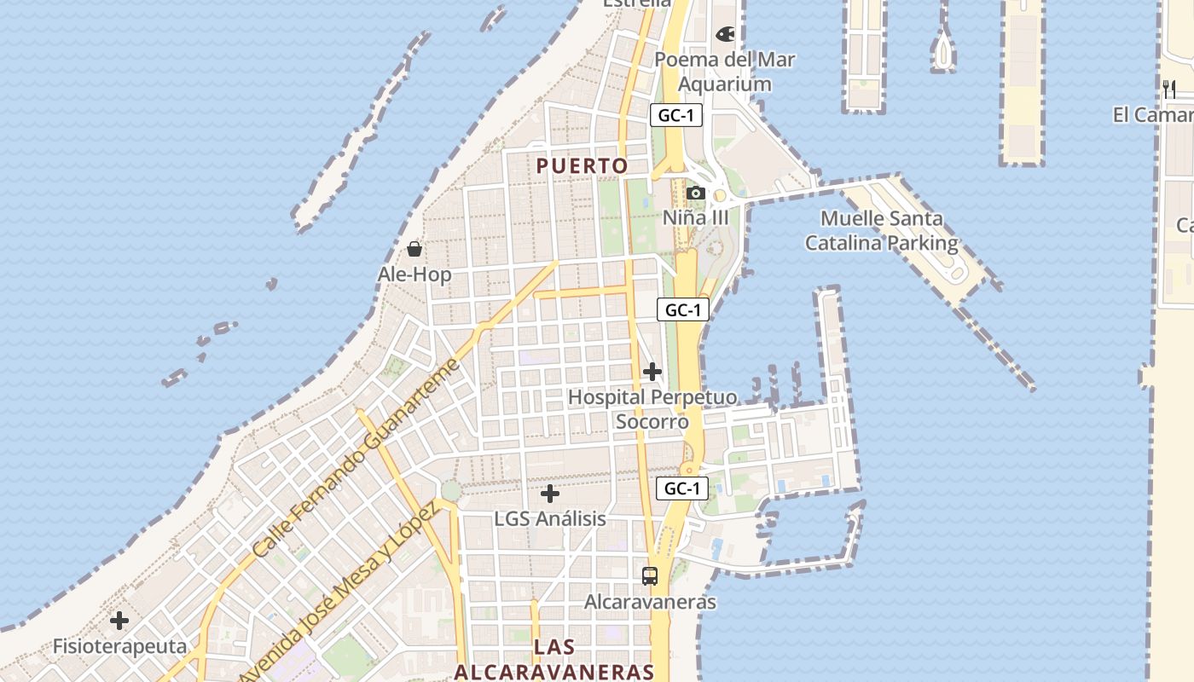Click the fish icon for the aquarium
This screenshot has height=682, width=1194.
coord(725,34)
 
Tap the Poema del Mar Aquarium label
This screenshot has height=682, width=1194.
coord(725,72)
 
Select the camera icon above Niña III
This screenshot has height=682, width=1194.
coord(696,193)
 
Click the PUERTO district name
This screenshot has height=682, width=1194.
coord(583,165)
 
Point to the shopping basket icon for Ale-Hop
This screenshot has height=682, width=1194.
coord(414,249)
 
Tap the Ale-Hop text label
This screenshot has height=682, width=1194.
coord(414,275)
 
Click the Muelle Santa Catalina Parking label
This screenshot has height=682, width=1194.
coord(881,230)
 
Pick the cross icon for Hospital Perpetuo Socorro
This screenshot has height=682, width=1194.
coord(652,372)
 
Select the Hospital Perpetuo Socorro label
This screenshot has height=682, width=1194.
coord(652,409)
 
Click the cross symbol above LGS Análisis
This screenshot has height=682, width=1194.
coord(550,493)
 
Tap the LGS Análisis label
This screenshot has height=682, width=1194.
coord(550,518)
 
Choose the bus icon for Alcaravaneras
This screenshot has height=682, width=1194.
coord(650,576)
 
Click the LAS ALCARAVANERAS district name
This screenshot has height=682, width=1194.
coord(554,659)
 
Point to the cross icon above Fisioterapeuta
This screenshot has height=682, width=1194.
coord(119,620)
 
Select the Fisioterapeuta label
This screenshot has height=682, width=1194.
coord(119,645)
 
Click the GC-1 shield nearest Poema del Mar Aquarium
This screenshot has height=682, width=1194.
coord(675,116)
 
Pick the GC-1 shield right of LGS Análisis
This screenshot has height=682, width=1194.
coord(682,488)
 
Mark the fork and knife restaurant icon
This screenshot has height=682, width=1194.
coord(1169,89)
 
